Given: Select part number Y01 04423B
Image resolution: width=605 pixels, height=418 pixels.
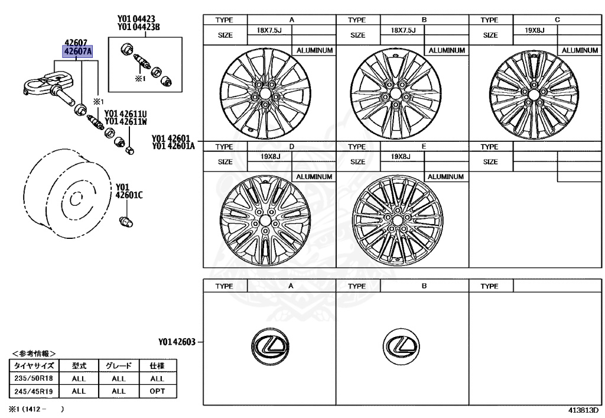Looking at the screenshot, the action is [x=139, y=27].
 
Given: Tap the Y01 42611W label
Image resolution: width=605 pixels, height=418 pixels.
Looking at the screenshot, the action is [x=125, y=122].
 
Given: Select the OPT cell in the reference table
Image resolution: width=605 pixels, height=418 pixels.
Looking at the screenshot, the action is [x=157, y=391].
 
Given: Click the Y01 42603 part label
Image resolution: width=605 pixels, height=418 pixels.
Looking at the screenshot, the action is [x=176, y=342].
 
